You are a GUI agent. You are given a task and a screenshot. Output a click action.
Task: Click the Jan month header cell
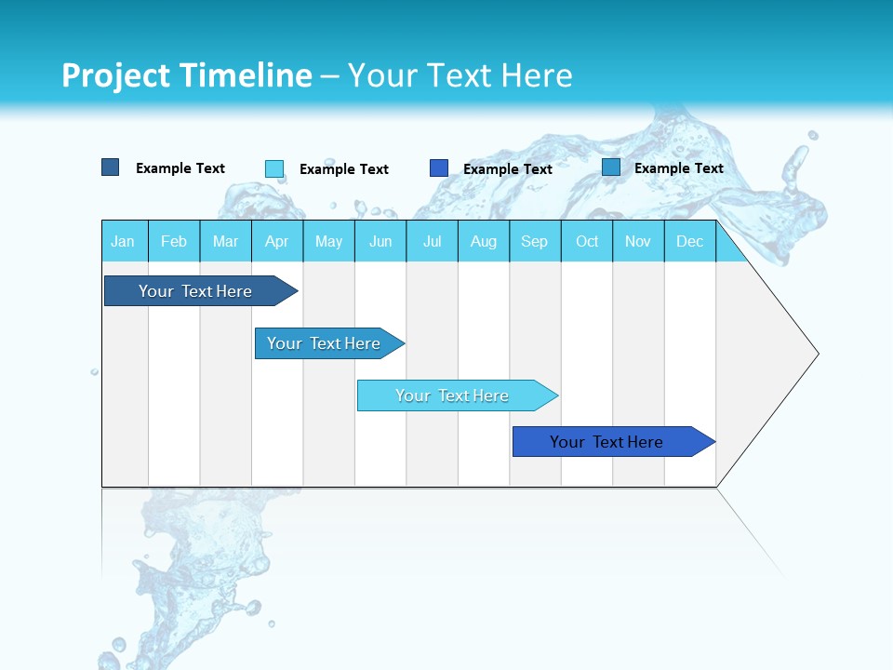(123, 241)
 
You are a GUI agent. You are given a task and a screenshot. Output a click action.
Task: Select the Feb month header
(174, 241)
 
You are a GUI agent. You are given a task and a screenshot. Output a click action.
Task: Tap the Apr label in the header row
(276, 241)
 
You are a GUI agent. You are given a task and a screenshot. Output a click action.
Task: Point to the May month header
(328, 241)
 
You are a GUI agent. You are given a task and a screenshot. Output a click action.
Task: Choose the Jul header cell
(432, 241)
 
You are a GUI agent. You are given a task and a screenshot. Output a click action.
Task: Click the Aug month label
(483, 241)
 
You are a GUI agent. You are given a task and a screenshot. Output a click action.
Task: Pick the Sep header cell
(534, 241)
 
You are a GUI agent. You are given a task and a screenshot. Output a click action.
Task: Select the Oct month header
(587, 241)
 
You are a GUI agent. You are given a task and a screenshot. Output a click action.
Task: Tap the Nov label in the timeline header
(638, 241)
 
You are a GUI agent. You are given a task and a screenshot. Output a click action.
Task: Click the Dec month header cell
(689, 241)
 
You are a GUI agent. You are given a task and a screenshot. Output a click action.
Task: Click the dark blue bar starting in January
(195, 291)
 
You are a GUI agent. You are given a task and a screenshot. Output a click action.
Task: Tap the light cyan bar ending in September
(453, 395)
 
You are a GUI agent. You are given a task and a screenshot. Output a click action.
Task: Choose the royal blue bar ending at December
(607, 442)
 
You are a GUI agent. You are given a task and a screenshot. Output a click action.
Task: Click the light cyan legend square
(274, 168)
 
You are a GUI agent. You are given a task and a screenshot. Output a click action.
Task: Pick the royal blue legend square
(439, 168)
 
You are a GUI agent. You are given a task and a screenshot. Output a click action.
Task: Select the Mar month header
(225, 241)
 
